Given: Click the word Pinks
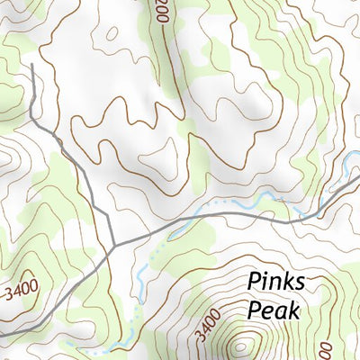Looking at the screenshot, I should (276, 283).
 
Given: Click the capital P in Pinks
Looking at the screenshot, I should (255, 283).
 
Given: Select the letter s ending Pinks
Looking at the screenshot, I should (300, 284).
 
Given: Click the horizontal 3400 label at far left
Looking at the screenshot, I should (20, 293).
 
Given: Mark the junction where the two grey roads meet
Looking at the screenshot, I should (114, 244).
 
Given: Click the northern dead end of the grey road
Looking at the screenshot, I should (31, 65).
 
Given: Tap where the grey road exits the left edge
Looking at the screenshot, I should (3, 333).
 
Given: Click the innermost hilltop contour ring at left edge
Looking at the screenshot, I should (4, 158).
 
